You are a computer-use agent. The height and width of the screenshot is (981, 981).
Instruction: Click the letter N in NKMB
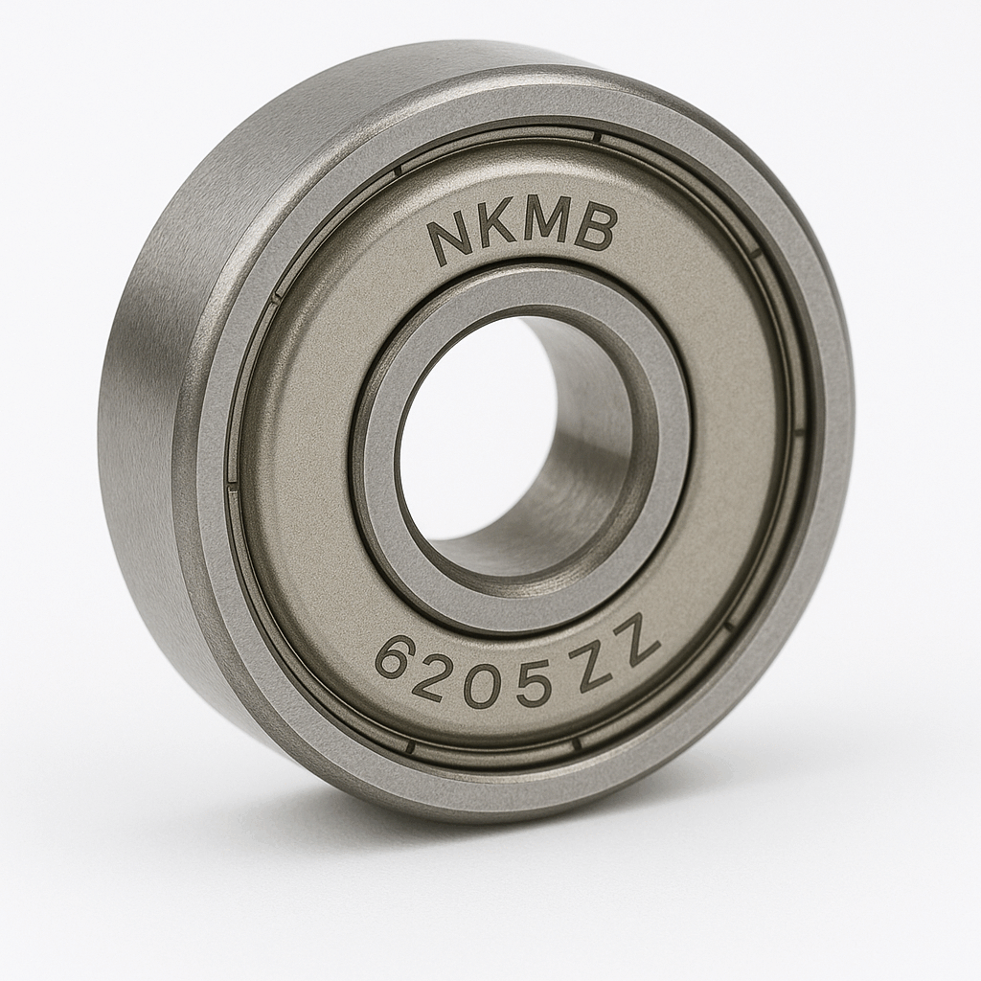point(449,239)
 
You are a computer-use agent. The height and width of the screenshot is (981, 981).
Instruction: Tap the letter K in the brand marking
point(495,230)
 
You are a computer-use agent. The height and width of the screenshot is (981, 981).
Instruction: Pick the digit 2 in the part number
point(438,673)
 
